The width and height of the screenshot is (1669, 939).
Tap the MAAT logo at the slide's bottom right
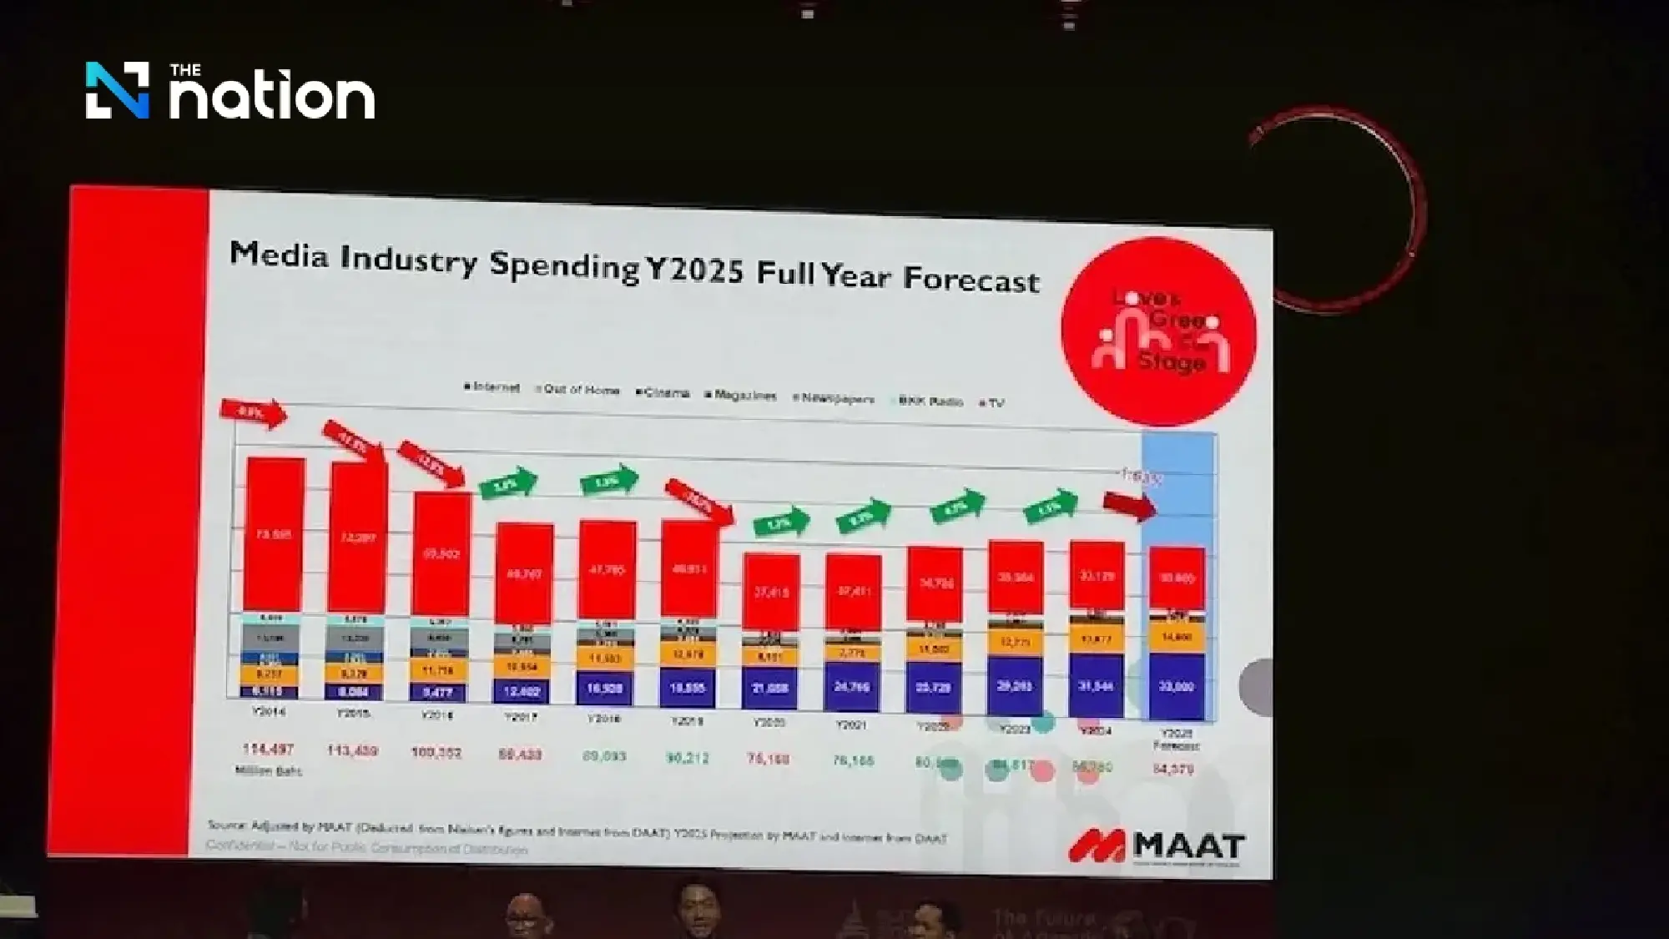click(x=1157, y=846)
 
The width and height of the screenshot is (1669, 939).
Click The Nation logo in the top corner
click(x=230, y=91)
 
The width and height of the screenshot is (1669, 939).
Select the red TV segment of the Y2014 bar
click(x=275, y=534)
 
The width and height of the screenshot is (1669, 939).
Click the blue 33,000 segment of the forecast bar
click(x=1177, y=686)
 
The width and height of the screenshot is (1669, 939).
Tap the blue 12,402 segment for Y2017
click(x=522, y=690)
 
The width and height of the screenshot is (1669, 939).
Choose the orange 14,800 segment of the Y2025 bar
click(x=1177, y=637)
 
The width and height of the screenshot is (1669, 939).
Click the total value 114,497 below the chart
click(x=268, y=749)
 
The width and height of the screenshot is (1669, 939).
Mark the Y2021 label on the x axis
click(x=851, y=724)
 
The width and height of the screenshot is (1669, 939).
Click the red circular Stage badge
click(x=1158, y=331)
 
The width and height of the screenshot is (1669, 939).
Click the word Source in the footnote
click(x=226, y=825)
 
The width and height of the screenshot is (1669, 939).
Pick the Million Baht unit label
click(x=268, y=771)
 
